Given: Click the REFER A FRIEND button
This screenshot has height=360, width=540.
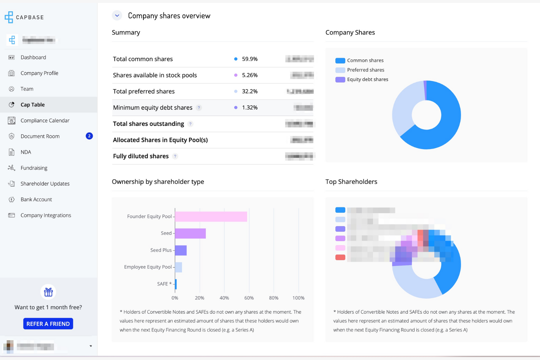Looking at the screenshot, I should (48, 324).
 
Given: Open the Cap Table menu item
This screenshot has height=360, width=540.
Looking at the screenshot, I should (32, 105).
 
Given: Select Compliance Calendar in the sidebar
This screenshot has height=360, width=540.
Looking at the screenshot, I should (45, 120).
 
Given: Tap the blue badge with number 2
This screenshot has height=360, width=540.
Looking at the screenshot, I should (89, 136).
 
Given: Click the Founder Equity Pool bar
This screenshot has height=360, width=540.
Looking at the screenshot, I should (211, 216).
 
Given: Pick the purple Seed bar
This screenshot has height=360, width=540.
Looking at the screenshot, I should (190, 233).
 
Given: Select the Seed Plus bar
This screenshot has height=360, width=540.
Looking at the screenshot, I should (181, 250).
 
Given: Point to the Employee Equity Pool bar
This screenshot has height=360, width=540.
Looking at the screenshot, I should (178, 267).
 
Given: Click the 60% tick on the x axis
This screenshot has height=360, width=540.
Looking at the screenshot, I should (249, 298).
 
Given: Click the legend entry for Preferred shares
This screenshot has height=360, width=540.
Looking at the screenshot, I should (365, 70).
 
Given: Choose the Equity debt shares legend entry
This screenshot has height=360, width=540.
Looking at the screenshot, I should (367, 80).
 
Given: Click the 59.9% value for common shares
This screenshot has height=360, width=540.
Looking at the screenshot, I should (250, 59).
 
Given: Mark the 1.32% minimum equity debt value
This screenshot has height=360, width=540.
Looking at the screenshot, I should (250, 108).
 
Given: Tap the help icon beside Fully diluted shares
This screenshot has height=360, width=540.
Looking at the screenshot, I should (175, 156).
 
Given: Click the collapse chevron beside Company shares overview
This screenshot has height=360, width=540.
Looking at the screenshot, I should (117, 16).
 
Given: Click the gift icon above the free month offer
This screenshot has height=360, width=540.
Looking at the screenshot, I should (48, 292).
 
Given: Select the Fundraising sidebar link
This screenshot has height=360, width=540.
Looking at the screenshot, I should (34, 168).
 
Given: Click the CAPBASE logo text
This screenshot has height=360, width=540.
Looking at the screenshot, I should (30, 17).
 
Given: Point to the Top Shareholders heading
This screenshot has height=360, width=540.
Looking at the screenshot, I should (351, 182).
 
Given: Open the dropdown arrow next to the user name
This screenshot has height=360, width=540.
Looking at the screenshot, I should (90, 346).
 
